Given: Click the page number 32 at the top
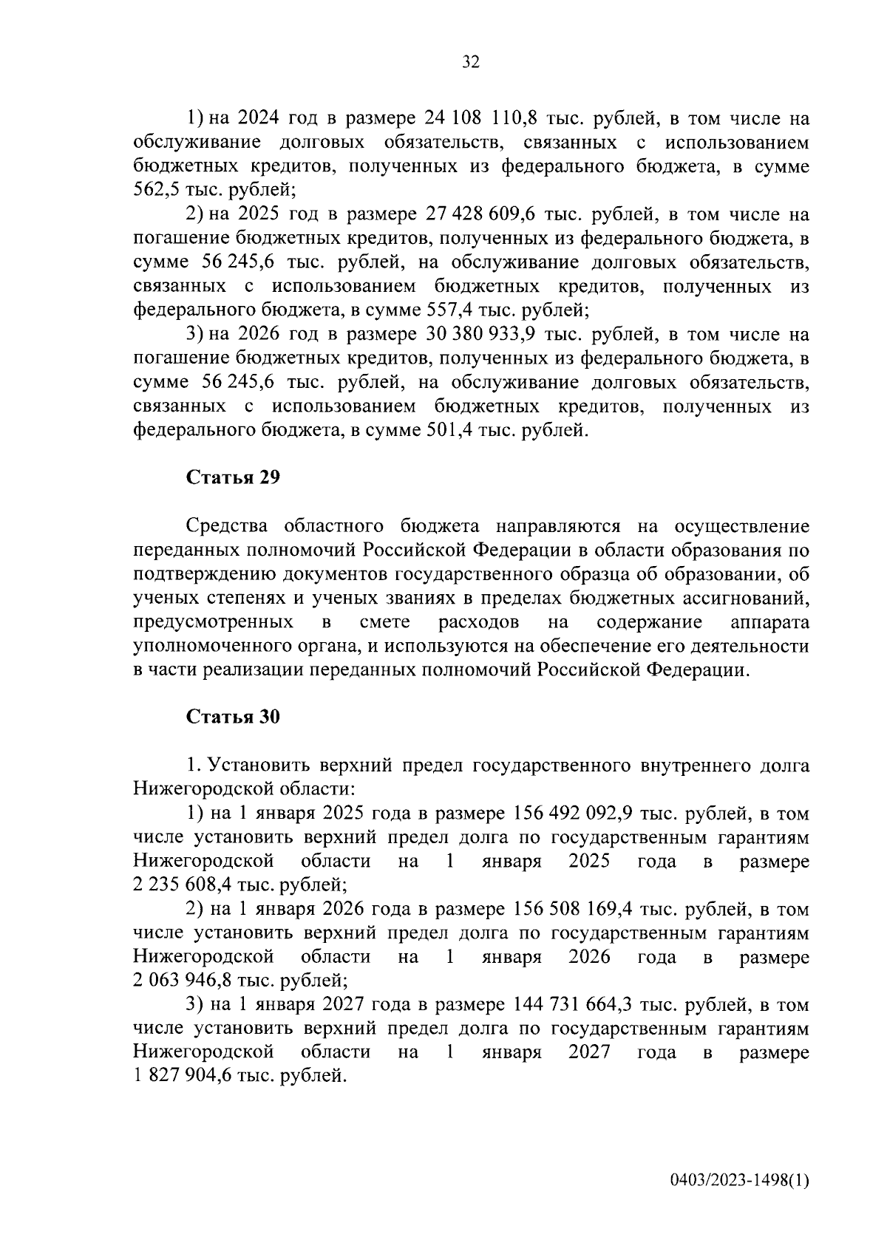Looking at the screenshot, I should (x=471, y=64).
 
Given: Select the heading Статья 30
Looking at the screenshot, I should (x=233, y=717).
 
